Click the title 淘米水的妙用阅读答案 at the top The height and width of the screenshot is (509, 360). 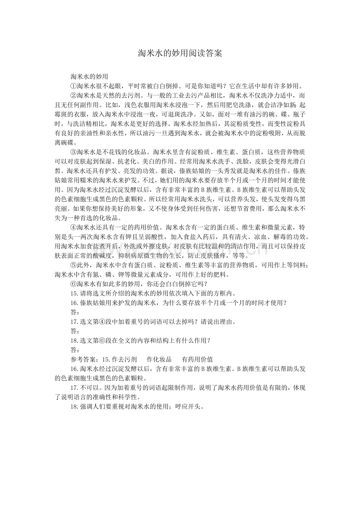(180, 53)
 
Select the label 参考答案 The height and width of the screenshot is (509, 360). (83, 359)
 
